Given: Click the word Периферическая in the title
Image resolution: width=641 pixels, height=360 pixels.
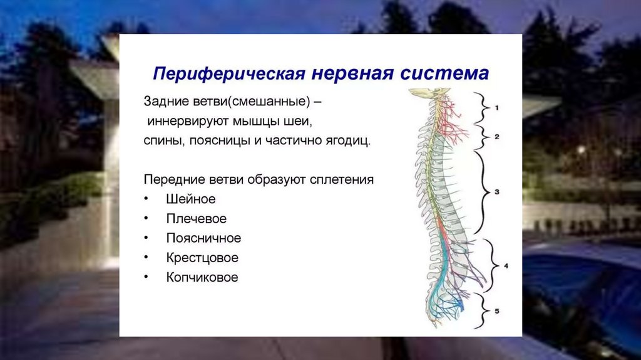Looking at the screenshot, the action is pyautogui.click(x=229, y=74).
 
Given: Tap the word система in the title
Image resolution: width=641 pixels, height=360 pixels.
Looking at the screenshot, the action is pyautogui.click(x=444, y=73).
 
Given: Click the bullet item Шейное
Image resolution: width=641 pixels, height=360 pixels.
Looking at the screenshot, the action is pyautogui.click(x=190, y=199).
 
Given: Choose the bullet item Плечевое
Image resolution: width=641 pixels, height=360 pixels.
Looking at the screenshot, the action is pyautogui.click(x=196, y=219).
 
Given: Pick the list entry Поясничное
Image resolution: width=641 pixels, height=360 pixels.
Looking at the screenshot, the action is pyautogui.click(x=203, y=238).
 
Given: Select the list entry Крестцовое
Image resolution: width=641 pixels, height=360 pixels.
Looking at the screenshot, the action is pyautogui.click(x=202, y=258).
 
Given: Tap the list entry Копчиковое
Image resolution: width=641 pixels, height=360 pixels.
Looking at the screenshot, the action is pyautogui.click(x=202, y=277).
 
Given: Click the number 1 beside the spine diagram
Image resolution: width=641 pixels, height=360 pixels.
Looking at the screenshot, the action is pyautogui.click(x=496, y=108).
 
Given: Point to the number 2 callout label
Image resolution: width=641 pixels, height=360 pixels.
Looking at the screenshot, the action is pyautogui.click(x=496, y=136).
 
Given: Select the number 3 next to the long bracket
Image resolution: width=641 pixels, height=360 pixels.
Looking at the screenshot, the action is pyautogui.click(x=496, y=191).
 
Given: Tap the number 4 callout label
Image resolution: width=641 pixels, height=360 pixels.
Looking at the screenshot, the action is pyautogui.click(x=506, y=266).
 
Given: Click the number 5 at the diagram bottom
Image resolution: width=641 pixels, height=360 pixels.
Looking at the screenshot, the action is pyautogui.click(x=496, y=311).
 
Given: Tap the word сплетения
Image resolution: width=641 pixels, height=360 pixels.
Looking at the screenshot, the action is pyautogui.click(x=342, y=179).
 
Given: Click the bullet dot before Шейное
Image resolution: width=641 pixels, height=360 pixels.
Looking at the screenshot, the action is pyautogui.click(x=146, y=199).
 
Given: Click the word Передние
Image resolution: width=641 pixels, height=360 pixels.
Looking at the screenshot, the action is pyautogui.click(x=175, y=179).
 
